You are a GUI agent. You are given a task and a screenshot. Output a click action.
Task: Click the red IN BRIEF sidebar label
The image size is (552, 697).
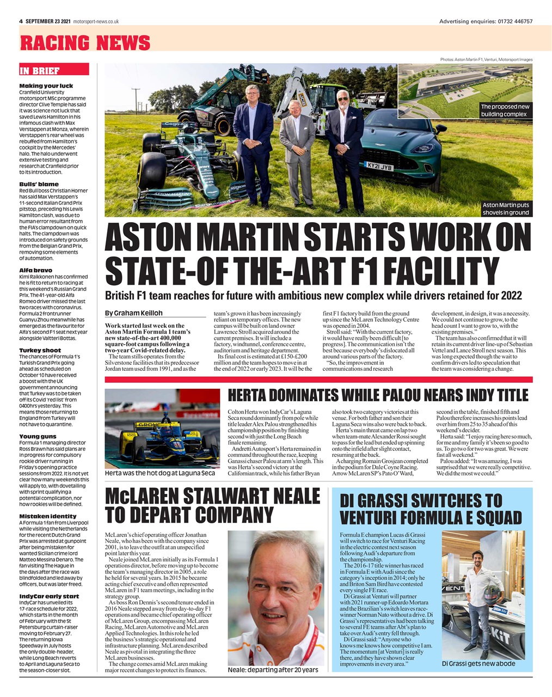coord(40,71)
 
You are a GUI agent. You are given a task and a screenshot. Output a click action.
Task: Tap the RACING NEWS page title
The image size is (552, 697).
coord(85,42)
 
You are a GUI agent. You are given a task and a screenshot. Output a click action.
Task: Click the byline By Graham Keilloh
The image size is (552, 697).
coord(133,313)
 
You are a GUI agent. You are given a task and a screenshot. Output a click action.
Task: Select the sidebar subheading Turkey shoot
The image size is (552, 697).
coord(40,350)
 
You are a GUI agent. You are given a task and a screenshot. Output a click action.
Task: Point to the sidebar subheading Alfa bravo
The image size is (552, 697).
coord(36,270)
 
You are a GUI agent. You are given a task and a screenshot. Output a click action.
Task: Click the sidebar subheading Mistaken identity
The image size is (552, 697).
coord(48,516)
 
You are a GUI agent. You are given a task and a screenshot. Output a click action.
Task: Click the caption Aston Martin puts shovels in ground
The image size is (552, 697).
coord(506,209)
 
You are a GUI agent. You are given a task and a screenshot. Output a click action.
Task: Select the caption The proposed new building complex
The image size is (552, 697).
coord(505,110)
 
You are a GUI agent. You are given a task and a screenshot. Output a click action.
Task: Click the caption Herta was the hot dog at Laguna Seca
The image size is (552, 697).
coord(160,473)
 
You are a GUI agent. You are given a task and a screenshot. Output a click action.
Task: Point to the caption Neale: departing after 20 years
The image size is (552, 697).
coord(272,669)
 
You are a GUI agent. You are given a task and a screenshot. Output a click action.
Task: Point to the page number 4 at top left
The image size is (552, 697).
coord(21,21)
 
